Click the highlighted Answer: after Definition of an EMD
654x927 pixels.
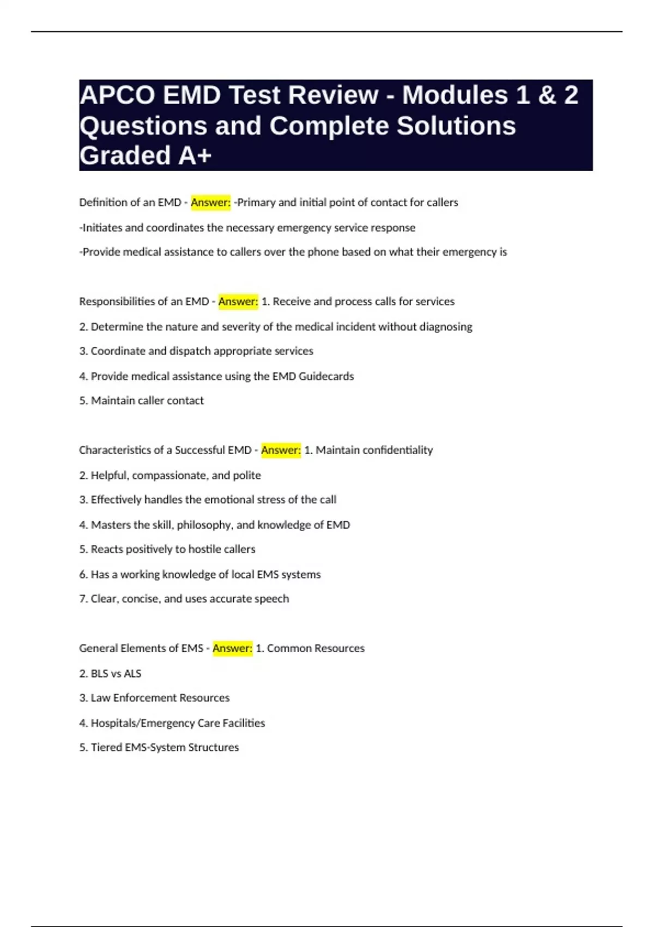211,202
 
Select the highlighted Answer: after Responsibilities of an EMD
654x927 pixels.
238,302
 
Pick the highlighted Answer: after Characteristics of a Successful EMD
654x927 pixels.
281,450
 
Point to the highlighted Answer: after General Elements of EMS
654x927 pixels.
232,648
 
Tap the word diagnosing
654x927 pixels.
446,327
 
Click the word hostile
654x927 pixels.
204,549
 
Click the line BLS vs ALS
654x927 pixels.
110,673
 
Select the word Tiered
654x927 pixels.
106,748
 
